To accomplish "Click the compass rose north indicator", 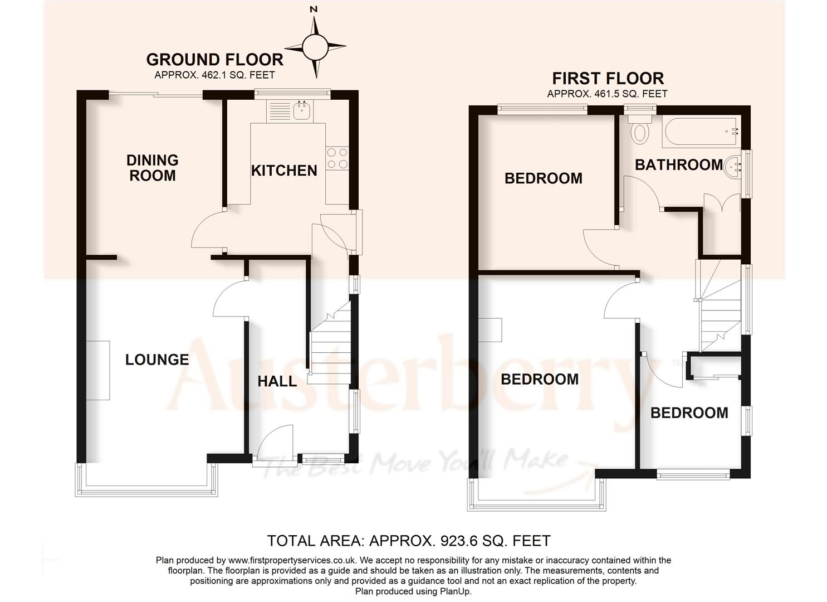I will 315,46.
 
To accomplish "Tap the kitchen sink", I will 302,110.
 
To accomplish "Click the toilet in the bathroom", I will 640,132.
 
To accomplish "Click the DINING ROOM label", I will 152,168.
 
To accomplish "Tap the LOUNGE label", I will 157,360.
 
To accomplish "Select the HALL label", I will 277,382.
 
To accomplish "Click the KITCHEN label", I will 284,171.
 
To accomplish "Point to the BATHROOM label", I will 679,165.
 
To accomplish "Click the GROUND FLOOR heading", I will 214,60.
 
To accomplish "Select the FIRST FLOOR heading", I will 608,78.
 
